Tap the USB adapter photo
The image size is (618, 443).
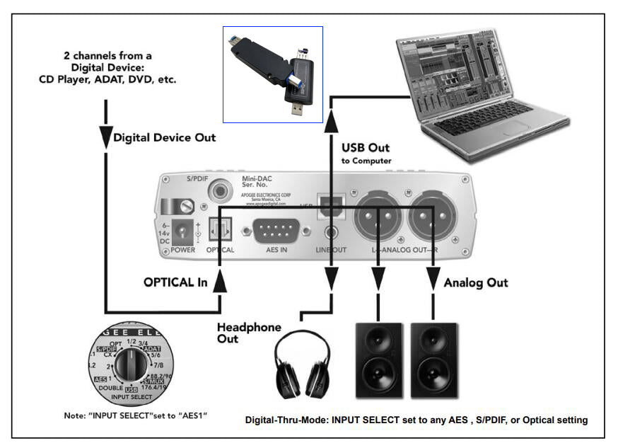[x=273, y=74]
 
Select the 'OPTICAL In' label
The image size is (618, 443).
[x=175, y=282]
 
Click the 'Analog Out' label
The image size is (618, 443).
[x=476, y=282]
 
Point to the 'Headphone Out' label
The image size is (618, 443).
[x=248, y=333]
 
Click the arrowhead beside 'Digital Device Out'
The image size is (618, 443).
[x=105, y=137]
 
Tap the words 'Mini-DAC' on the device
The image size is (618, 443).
[x=258, y=180]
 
